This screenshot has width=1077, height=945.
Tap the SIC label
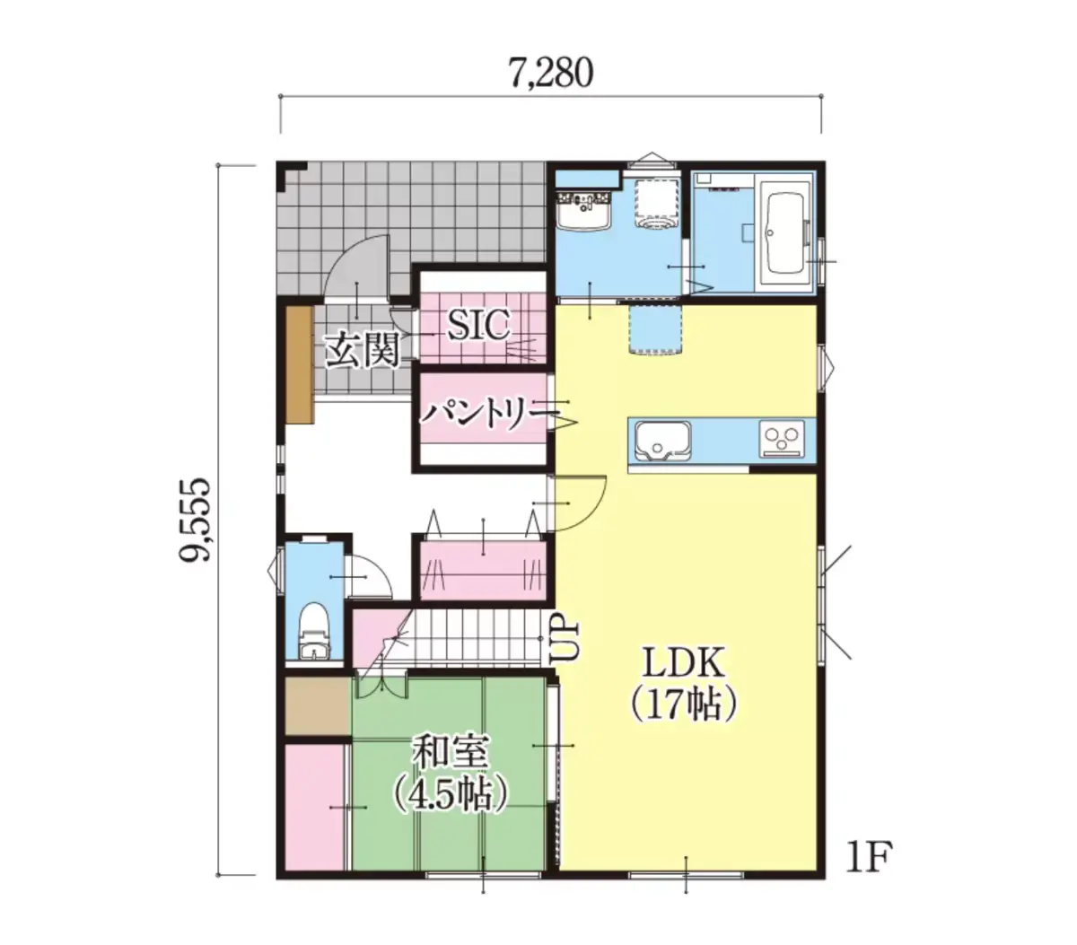(477, 325)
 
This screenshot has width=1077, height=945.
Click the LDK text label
(683, 662)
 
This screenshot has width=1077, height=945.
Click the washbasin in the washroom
(585, 211)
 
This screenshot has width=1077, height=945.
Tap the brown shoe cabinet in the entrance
(300, 364)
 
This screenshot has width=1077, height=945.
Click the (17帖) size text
(684, 705)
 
